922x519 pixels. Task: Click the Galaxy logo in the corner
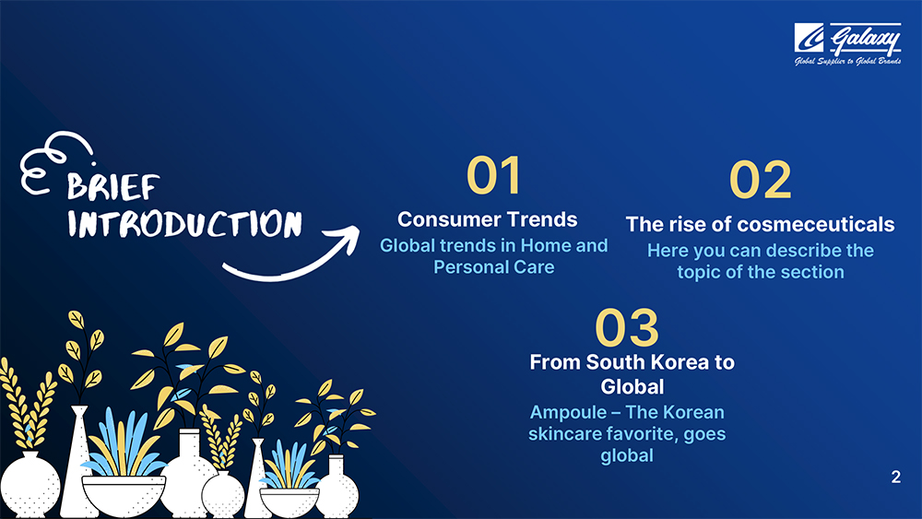tap(847, 44)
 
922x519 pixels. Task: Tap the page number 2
tap(895, 477)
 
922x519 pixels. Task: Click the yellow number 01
tap(494, 175)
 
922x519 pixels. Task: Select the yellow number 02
tap(761, 180)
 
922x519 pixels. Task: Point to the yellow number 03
tap(627, 327)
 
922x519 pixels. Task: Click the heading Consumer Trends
tap(488, 219)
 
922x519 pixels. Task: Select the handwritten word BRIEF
tap(112, 187)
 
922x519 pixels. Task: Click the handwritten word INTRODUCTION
tap(184, 224)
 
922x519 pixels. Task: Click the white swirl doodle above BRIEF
tap(56, 162)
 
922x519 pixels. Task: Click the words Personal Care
tap(494, 266)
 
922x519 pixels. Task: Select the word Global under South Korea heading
tap(632, 387)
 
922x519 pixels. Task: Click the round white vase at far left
tap(29, 484)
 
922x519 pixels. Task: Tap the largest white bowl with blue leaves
tap(124, 495)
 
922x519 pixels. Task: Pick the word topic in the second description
tap(698, 272)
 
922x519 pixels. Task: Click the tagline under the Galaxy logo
tap(847, 61)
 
